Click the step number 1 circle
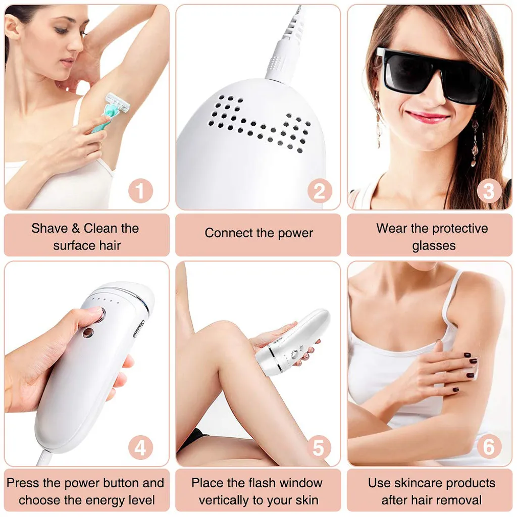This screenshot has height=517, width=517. [141, 190]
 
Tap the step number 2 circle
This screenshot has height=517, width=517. [320, 190]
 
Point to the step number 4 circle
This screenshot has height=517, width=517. [141, 447]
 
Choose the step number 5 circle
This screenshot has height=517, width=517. [319, 447]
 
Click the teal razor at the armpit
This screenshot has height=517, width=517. [110, 111]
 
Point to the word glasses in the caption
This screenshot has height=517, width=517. [434, 246]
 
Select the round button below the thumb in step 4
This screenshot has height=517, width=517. [87, 333]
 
